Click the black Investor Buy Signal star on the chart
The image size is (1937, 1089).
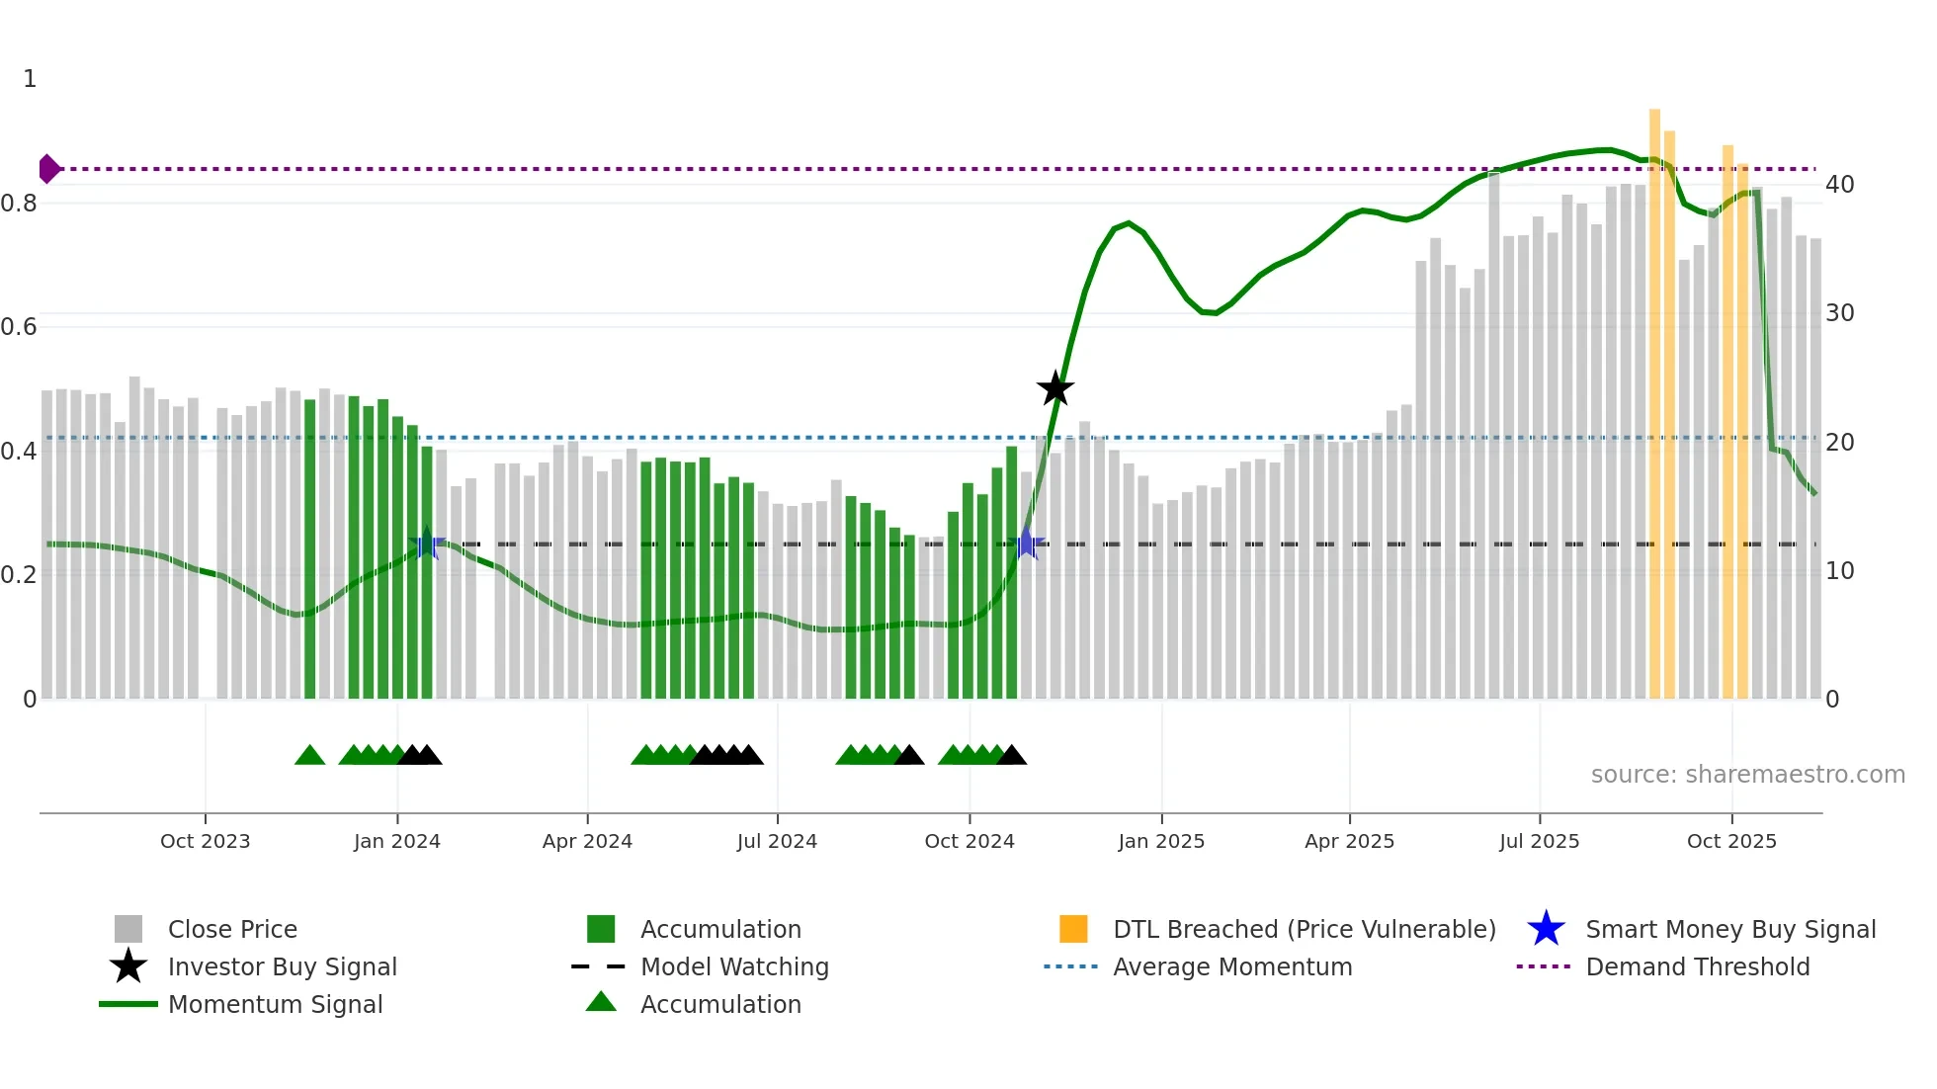[1055, 388]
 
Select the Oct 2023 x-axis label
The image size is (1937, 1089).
[206, 841]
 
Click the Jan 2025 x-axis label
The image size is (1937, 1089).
[1161, 841]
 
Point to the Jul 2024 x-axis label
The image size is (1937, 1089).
[777, 841]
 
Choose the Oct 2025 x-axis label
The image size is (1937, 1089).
[1731, 841]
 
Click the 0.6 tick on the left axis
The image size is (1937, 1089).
[20, 327]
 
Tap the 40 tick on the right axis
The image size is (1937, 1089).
[1839, 185]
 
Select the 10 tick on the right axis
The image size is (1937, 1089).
[1839, 571]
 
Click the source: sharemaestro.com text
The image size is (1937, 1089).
[1747, 775]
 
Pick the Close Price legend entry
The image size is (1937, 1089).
[232, 929]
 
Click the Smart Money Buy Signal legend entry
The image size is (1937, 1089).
[1729, 929]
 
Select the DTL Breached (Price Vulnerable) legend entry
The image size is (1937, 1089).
[1304, 929]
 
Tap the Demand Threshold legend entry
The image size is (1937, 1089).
[1697, 966]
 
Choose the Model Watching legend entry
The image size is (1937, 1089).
[734, 966]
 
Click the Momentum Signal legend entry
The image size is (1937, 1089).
[275, 1004]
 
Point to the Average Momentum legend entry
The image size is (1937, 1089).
[1232, 966]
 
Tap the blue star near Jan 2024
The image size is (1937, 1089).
[427, 544]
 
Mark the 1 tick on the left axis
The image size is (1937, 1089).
[30, 79]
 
